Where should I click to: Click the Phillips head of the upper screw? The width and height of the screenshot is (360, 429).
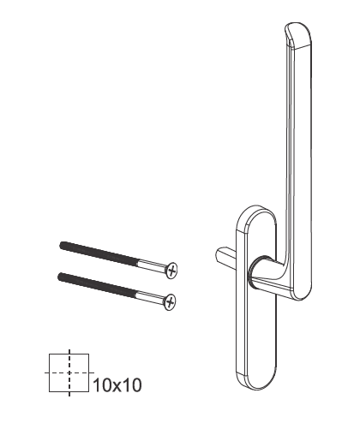(x=173, y=271)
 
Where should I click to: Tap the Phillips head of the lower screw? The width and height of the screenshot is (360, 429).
(x=170, y=301)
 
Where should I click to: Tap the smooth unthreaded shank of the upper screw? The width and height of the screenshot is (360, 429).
(x=150, y=265)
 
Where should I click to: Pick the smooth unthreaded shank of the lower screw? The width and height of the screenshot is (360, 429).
(x=147, y=295)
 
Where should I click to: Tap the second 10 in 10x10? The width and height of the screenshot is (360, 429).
(x=131, y=385)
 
